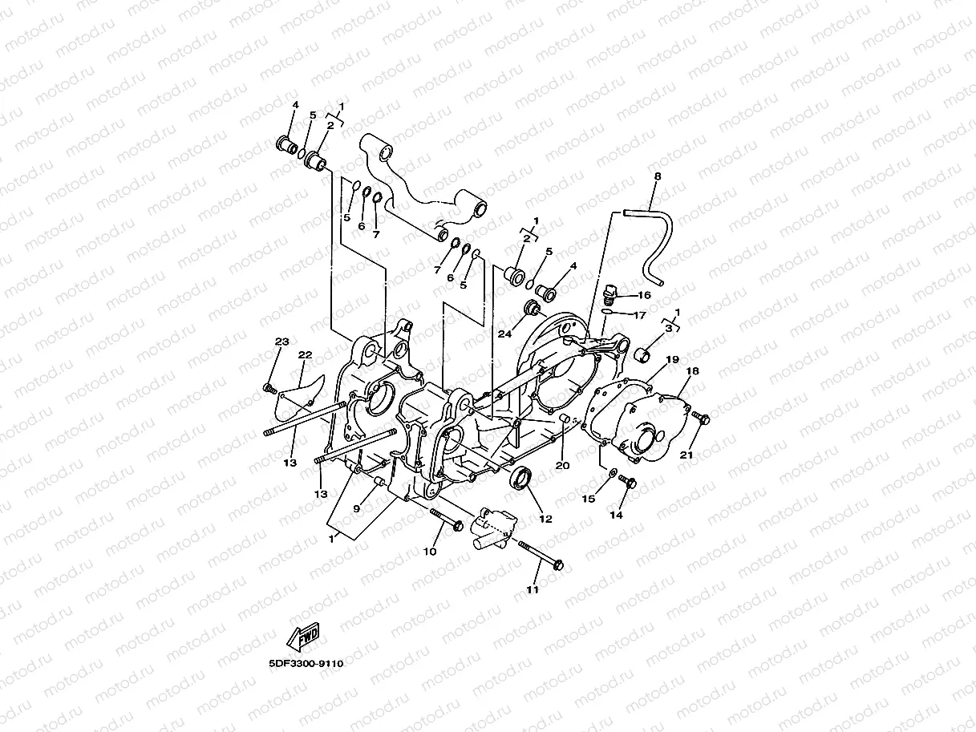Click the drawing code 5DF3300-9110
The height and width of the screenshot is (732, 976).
click(306, 663)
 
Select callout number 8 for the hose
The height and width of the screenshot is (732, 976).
click(658, 176)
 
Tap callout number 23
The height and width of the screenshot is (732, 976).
click(281, 342)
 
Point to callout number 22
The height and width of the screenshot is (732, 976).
click(305, 355)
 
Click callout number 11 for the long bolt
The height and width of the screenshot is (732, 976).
click(533, 589)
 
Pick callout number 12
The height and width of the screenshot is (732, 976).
click(545, 519)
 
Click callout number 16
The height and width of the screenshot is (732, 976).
click(645, 295)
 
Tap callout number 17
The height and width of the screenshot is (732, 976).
click(639, 315)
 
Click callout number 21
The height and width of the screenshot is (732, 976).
click(686, 455)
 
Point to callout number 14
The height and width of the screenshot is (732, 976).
click(616, 516)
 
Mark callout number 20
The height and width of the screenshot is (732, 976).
click(562, 465)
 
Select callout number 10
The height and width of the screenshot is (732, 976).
click(430, 552)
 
